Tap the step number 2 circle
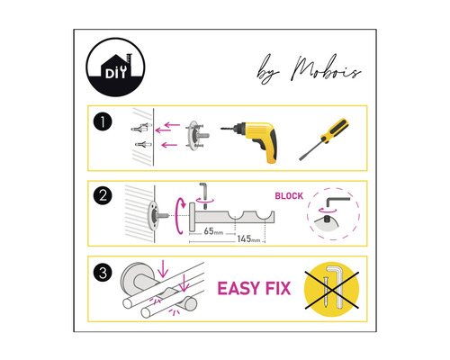tap(107, 195)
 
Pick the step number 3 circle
tap(107, 270)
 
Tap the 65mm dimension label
tap(214, 231)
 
